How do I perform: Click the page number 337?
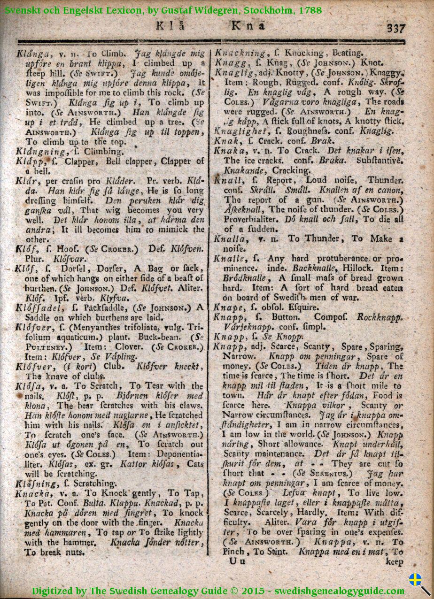[396, 28]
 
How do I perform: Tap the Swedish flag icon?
[415, 580]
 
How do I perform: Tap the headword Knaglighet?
[239, 131]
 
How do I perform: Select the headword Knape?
[227, 308]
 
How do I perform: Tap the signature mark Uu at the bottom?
[236, 561]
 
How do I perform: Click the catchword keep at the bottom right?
[394, 562]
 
